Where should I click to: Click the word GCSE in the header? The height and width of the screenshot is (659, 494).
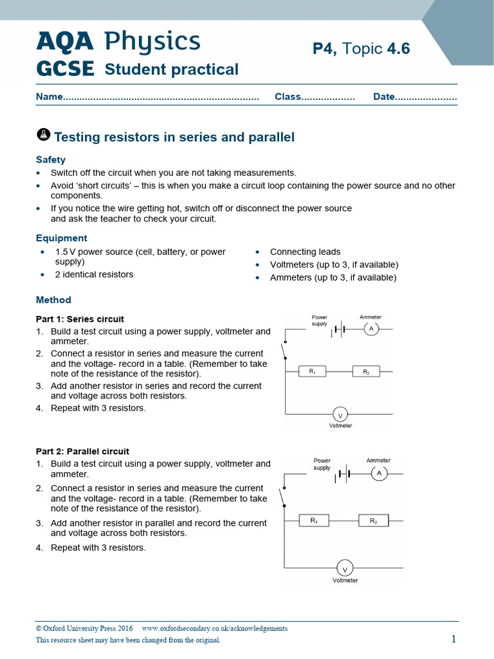click(x=65, y=69)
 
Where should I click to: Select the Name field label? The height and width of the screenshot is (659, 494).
click(x=50, y=97)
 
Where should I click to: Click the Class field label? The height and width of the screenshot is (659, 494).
click(x=288, y=97)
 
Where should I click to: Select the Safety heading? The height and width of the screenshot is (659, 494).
click(x=51, y=160)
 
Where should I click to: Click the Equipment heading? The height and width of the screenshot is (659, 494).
click(x=62, y=238)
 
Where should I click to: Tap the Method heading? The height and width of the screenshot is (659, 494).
click(x=53, y=300)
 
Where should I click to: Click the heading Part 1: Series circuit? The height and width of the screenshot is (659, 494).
click(x=80, y=319)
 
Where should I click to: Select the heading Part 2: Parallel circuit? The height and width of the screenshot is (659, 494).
click(x=82, y=451)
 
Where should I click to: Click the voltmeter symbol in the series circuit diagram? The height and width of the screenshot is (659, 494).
click(x=340, y=414)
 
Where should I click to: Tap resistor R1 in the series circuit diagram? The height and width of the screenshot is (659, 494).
click(x=313, y=371)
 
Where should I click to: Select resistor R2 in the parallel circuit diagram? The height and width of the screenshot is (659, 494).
click(x=374, y=521)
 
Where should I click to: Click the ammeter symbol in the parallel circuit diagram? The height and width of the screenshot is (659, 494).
click(x=379, y=474)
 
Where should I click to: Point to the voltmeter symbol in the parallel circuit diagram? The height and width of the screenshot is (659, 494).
click(x=345, y=568)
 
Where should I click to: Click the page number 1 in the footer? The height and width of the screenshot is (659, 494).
click(x=453, y=638)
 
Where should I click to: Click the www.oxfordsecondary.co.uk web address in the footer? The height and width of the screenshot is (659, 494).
click(x=215, y=628)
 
